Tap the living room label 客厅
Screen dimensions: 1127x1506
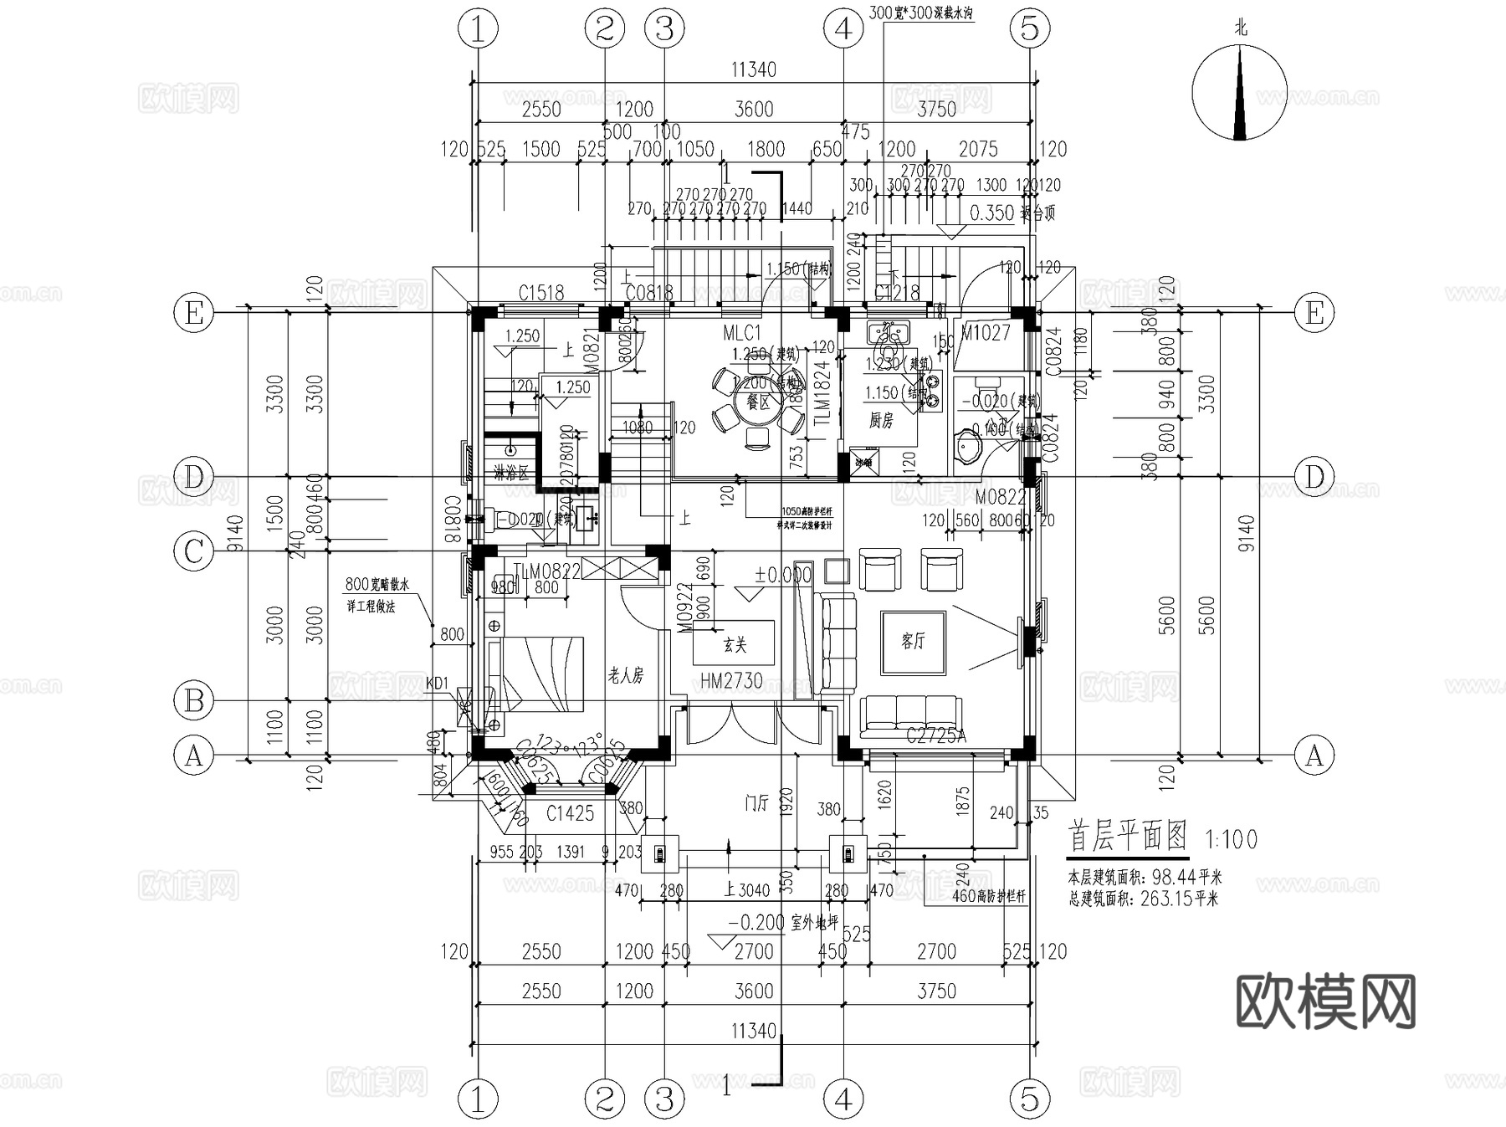click(913, 642)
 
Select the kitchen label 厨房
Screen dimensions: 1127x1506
click(880, 421)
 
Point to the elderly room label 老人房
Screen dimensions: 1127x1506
click(625, 676)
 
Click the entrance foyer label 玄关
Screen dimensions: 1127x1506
click(734, 644)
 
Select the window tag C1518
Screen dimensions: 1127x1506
click(540, 293)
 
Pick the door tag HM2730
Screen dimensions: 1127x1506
click(731, 682)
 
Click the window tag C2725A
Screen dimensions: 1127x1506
click(936, 736)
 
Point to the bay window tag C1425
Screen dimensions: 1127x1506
click(570, 812)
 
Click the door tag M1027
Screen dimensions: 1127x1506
click(985, 333)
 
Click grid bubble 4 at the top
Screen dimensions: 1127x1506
click(843, 29)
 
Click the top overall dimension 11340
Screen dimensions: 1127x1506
click(753, 69)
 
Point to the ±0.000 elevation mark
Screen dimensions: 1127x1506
click(783, 576)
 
